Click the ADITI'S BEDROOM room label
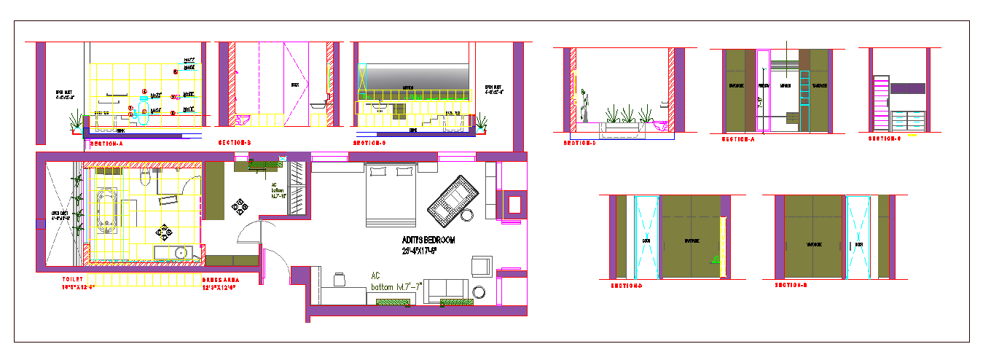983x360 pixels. pos(428,240)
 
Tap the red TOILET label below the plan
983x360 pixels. pos(73,279)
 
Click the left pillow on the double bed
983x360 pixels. pos(378,172)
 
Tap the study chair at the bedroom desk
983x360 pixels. pos(339,278)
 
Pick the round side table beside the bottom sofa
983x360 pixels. pos(479,292)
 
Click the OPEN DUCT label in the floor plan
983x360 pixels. pos(60,216)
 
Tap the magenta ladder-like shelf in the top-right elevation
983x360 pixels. pos(880,103)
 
